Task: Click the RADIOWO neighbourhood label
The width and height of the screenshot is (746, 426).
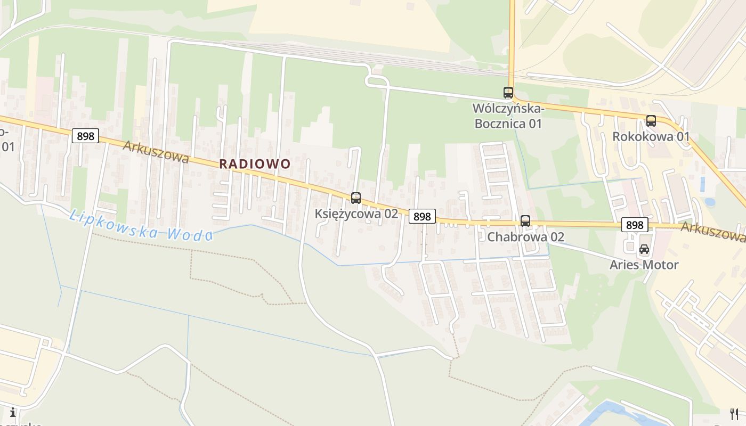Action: (x=255, y=163)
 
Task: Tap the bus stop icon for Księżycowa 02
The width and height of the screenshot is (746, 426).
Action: (x=356, y=198)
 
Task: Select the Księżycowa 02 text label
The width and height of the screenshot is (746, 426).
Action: (x=356, y=214)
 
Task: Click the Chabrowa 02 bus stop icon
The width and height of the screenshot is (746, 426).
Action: (x=525, y=220)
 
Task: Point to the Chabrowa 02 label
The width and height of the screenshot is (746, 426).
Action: (x=525, y=236)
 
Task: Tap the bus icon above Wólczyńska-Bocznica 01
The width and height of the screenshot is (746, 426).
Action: (x=508, y=93)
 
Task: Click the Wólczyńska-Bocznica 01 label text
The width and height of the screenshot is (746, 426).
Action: (x=507, y=116)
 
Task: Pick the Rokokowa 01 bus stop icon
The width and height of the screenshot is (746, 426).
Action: (x=651, y=121)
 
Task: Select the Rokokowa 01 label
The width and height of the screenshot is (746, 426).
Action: (x=651, y=136)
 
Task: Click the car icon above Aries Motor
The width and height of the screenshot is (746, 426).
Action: (x=644, y=249)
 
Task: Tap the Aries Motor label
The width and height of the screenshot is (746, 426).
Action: (x=644, y=265)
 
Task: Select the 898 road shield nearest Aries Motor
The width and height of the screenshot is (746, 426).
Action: (x=635, y=225)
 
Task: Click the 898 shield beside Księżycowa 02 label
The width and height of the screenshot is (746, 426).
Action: (x=422, y=216)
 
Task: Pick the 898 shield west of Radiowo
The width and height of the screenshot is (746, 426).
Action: (x=85, y=136)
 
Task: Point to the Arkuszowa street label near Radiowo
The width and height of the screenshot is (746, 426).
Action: (x=156, y=152)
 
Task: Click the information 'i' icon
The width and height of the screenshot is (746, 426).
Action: (x=12, y=412)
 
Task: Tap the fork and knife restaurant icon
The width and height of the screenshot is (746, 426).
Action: (x=734, y=414)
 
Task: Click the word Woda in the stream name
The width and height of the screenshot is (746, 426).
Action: (x=190, y=233)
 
